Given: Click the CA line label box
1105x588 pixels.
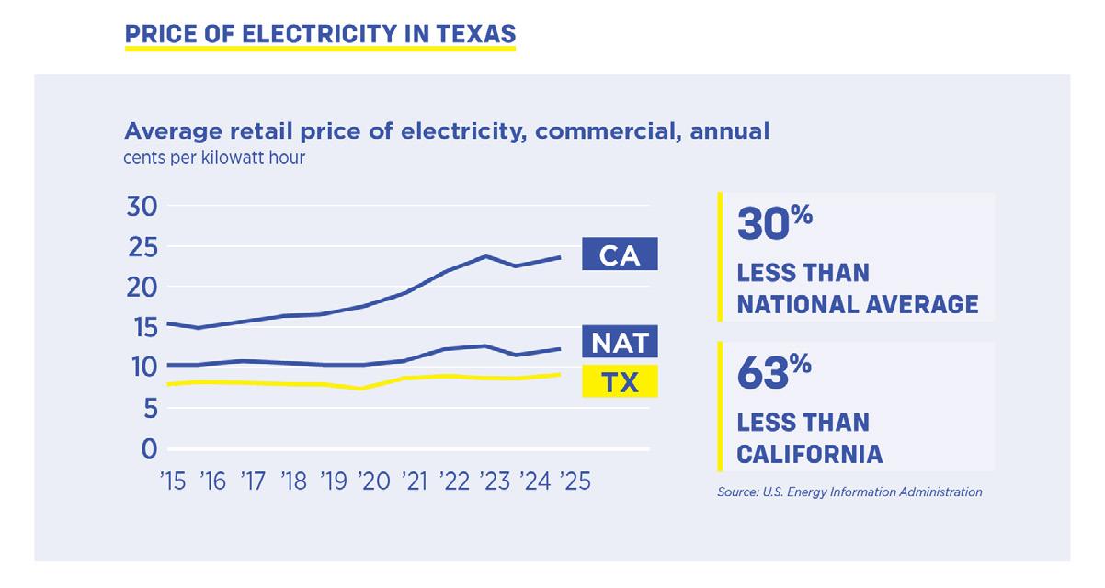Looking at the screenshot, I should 620,254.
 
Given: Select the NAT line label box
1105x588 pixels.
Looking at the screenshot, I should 620,343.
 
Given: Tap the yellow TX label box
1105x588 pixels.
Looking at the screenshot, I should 620,381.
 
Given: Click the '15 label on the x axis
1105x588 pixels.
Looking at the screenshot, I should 173,482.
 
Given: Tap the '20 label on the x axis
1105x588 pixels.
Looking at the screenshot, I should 376,482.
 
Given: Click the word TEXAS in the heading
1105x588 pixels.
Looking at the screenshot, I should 471,34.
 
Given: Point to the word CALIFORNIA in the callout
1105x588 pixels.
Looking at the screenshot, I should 810,453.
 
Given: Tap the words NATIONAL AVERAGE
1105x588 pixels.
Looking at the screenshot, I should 858,303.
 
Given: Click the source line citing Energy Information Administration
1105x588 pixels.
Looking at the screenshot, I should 849,492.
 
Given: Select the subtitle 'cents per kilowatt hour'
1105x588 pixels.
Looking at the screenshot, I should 214,157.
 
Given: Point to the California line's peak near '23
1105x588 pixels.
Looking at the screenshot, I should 485,255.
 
